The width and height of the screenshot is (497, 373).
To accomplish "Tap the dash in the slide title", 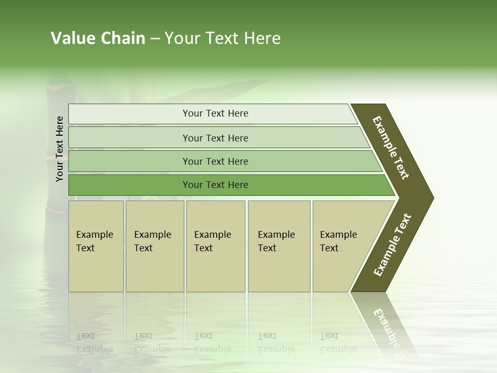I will click(155, 39).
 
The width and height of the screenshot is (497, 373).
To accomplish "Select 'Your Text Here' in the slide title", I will click(223, 38).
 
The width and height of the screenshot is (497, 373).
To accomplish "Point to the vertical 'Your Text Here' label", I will click(60, 149).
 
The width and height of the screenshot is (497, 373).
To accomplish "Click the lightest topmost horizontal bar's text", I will click(215, 113).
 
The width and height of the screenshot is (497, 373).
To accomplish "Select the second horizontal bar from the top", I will click(215, 138).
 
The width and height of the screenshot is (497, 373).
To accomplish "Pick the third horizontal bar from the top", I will click(215, 161).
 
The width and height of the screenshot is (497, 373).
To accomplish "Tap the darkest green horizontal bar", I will click(215, 185).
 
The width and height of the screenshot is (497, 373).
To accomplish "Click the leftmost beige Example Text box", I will click(96, 246).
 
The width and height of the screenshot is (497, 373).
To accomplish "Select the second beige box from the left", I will click(154, 246).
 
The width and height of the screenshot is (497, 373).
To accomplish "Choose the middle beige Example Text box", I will click(215, 246).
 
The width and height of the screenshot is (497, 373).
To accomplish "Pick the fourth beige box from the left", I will click(279, 246).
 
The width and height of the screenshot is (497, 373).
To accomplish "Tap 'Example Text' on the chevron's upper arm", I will click(391, 148).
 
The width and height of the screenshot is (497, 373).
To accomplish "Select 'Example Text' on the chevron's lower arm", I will click(392, 245).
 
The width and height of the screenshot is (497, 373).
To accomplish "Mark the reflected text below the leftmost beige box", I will click(95, 342).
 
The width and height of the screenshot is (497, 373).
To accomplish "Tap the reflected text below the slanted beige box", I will click(338, 342).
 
